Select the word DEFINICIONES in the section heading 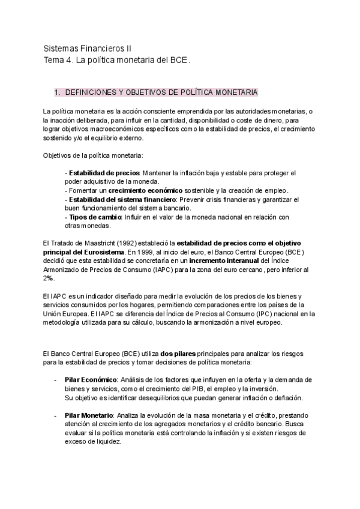click(90, 92)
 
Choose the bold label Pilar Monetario click(89, 415)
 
